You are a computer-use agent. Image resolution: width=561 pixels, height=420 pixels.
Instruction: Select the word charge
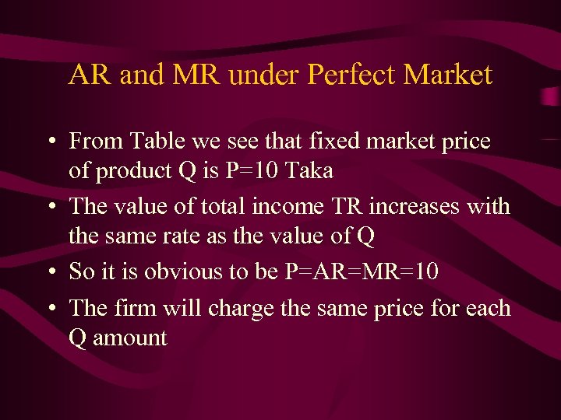pos(240,310)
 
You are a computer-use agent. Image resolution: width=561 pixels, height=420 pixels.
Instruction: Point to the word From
pos(95,142)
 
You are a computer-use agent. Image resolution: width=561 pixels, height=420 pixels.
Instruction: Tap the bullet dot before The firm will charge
pos(50,310)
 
